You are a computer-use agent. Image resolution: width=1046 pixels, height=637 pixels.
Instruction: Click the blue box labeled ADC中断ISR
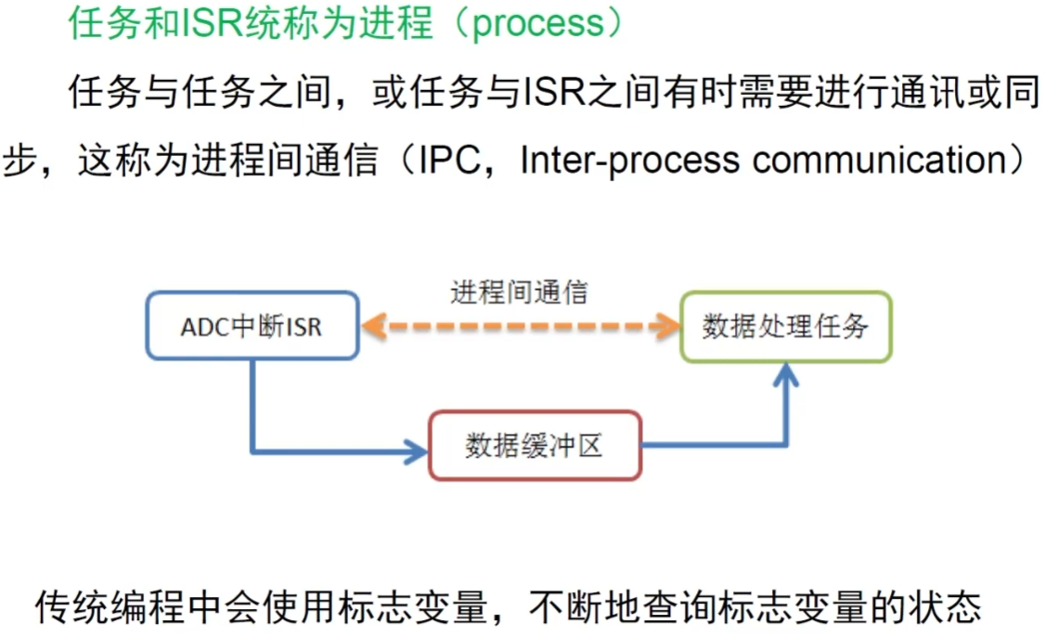coord(252,326)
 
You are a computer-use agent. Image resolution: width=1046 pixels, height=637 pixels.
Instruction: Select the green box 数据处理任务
coord(785,326)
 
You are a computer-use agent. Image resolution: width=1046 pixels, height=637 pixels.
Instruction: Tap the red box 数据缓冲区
coord(535,446)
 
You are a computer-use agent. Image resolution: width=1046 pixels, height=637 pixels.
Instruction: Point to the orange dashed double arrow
coord(520,326)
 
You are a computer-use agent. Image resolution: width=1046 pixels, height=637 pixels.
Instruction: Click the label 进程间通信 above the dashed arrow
coord(520,292)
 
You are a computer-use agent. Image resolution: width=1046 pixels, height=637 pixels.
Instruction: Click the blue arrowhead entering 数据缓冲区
coord(417,453)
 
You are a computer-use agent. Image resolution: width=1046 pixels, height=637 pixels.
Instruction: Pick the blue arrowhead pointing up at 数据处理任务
coord(787,375)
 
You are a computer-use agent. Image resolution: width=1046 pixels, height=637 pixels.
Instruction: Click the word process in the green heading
coord(537,24)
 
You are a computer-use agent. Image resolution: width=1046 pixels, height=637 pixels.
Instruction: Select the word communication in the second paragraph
coord(876,160)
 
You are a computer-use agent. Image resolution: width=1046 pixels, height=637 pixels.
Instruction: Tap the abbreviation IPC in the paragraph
coord(449,160)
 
